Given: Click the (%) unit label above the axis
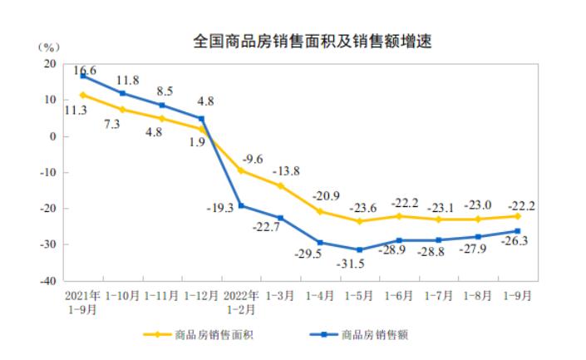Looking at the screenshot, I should (x=49, y=46).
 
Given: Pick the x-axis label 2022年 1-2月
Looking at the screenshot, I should (x=241, y=300).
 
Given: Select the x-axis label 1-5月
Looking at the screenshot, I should (x=359, y=294).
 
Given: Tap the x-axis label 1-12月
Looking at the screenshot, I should (x=201, y=294).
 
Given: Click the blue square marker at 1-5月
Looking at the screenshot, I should (x=359, y=250).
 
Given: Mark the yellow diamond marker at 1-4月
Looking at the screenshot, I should (x=320, y=211).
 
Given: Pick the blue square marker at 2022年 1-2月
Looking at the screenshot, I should (x=241, y=205).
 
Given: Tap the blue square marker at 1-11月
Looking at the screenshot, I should (x=162, y=106).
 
